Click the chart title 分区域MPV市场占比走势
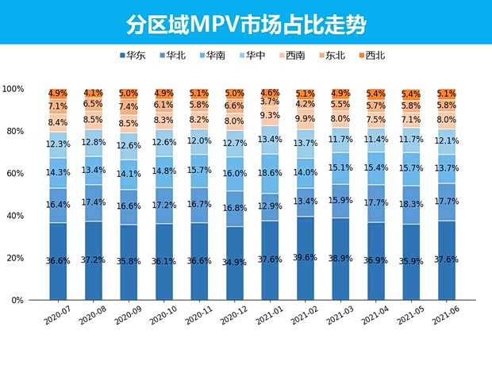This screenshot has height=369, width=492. pyautogui.click(x=246, y=24)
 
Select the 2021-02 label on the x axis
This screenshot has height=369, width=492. pyautogui.click(x=302, y=320)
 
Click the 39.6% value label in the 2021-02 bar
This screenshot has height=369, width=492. pyautogui.click(x=305, y=258)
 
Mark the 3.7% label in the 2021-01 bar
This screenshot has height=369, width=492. pyautogui.click(x=269, y=102)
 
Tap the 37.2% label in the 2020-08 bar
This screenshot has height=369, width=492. pyautogui.click(x=93, y=259)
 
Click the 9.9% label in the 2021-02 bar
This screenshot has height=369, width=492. pyautogui.click(x=305, y=119)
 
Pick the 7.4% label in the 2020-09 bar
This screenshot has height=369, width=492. pyautogui.click(x=128, y=107)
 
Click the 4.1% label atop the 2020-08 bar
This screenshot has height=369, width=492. pyautogui.click(x=93, y=93)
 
